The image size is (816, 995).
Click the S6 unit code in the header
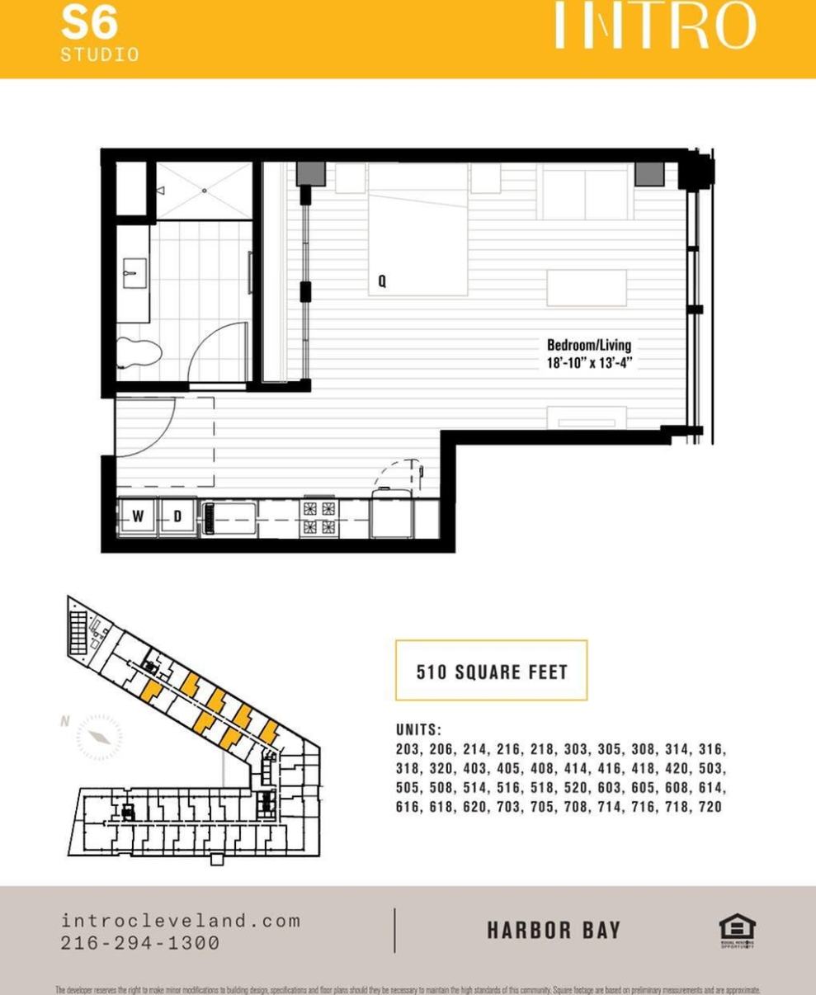point(89,24)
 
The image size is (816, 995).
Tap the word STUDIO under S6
point(99,55)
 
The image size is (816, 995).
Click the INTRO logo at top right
point(653,26)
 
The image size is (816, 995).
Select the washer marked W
point(138,517)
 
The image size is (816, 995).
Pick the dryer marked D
point(177,517)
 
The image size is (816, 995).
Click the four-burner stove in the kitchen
point(319,518)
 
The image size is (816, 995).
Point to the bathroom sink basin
point(134,273)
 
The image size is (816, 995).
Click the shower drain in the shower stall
point(204,191)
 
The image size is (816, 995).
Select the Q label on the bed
point(382,281)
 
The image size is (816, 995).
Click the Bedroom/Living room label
point(588,345)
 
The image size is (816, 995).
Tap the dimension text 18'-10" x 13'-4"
point(588,362)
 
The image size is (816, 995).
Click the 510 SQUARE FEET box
point(491,671)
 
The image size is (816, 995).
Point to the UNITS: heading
point(419,730)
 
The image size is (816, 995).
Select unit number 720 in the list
point(710,807)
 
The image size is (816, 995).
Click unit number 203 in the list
point(408,750)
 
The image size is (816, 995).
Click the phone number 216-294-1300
point(140,942)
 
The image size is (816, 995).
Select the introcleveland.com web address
point(181,921)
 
